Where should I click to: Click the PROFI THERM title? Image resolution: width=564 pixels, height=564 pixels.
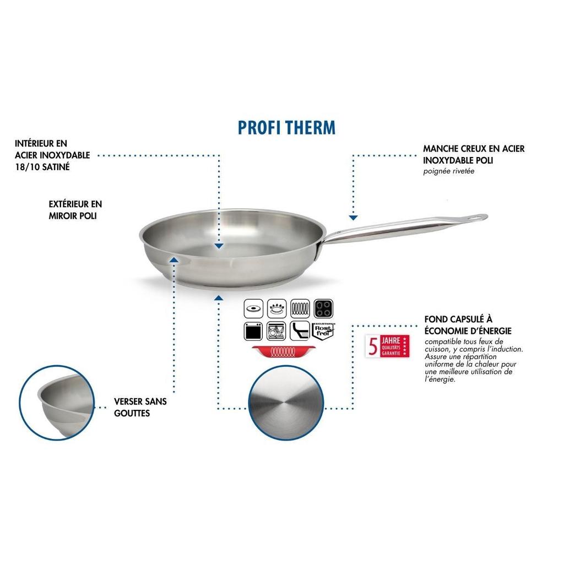click(286, 127)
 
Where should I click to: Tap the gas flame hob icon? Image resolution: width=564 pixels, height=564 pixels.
click(277, 308)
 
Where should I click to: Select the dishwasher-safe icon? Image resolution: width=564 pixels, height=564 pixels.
click(277, 331)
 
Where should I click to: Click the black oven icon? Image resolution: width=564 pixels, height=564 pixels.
click(254, 331)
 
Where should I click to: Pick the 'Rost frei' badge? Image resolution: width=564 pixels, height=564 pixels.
click(323, 330)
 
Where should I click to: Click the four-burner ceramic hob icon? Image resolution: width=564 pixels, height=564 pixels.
click(323, 308)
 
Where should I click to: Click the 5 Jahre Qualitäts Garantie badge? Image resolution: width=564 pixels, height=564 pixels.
click(389, 346)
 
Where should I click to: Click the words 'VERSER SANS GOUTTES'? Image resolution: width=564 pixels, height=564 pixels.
click(140, 407)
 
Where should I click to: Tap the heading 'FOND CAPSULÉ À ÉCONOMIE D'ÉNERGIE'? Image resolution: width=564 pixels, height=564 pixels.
click(468, 324)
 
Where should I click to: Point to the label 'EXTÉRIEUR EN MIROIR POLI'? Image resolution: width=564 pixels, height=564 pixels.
click(75, 210)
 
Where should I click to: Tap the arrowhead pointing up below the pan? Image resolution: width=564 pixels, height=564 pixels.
click(219, 298)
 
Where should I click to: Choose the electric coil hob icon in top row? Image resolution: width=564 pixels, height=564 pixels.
click(300, 308)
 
